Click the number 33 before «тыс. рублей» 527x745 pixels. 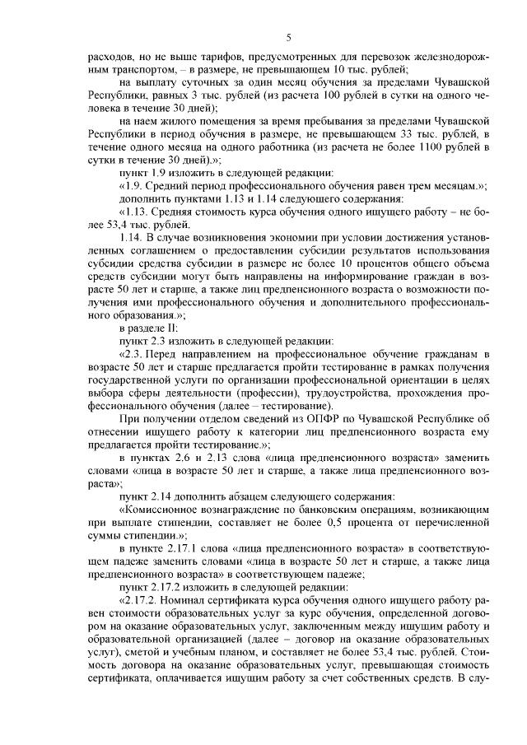(x=379, y=134)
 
